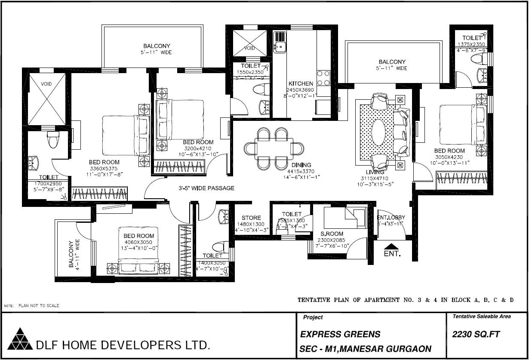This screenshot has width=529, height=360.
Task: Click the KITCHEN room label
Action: pos(301,83)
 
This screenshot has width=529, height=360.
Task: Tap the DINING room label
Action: pos(301,165)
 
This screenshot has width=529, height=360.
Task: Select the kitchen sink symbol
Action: pos(280,42)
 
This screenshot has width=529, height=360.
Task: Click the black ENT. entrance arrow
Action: pos(391,246)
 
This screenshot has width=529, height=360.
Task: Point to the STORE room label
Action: pos(251,218)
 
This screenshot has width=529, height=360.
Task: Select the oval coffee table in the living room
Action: pos(378,132)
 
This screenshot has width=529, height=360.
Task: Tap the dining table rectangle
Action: pos(274,148)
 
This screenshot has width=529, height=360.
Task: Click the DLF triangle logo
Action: pos(20,339)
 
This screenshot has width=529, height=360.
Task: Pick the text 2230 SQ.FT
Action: pos(476,334)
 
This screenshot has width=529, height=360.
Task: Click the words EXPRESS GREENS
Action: pos(340,334)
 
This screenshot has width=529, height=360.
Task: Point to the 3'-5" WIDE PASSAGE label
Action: pos(206,188)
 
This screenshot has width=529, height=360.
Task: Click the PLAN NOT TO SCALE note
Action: pos(39,306)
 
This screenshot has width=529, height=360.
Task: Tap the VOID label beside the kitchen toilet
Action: pos(249,48)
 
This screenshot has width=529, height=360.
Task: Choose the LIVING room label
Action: pos(375,172)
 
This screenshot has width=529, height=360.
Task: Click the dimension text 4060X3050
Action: pos(138,242)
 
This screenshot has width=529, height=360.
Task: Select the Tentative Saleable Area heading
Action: pos(482,317)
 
